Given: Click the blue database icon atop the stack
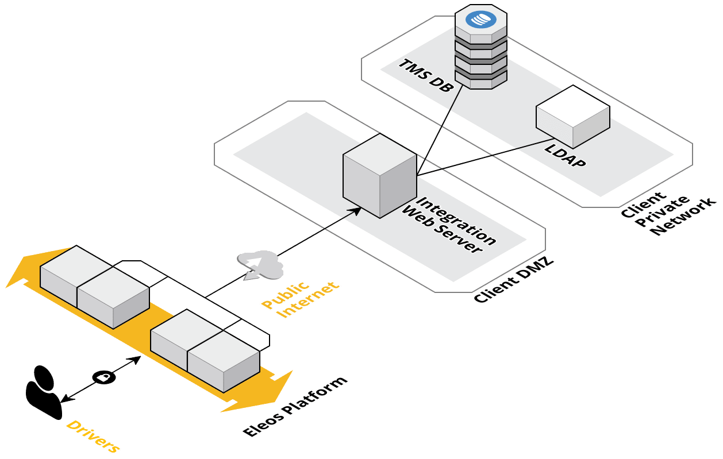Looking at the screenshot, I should (x=480, y=18).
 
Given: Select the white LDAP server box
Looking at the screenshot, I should (x=572, y=116).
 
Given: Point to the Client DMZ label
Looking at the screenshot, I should (x=513, y=280).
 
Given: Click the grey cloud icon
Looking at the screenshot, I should (x=262, y=264).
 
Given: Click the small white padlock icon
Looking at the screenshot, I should (x=103, y=377).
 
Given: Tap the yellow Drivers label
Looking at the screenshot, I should (x=93, y=437).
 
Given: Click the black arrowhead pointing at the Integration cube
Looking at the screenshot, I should (x=356, y=211).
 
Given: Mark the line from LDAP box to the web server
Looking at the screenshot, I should (x=517, y=148).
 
